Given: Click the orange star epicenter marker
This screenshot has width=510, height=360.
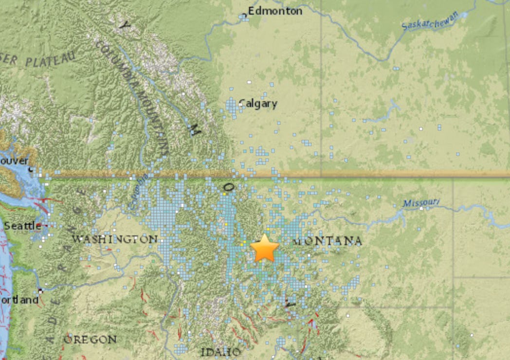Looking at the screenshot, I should pyautogui.click(x=265, y=248).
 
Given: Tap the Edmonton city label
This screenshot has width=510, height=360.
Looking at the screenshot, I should pyautogui.click(x=275, y=11).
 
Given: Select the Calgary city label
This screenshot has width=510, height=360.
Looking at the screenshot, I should pyautogui.click(x=258, y=104).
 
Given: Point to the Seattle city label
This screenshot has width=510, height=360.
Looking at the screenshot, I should pyautogui.click(x=23, y=226).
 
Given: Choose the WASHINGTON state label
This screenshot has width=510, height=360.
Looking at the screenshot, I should pyautogui.click(x=114, y=239).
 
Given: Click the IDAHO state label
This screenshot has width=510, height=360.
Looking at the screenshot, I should pyautogui.click(x=220, y=351).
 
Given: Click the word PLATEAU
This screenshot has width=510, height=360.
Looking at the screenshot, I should pyautogui.click(x=51, y=60).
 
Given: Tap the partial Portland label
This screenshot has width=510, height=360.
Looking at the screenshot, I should pyautogui.click(x=19, y=300).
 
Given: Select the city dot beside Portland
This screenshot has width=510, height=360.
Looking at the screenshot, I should pyautogui.click(x=41, y=291).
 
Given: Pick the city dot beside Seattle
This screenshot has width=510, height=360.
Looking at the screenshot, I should pyautogui.click(x=46, y=226).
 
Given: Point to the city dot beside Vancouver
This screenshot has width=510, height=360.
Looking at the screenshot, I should pyautogui.click(x=31, y=169).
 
